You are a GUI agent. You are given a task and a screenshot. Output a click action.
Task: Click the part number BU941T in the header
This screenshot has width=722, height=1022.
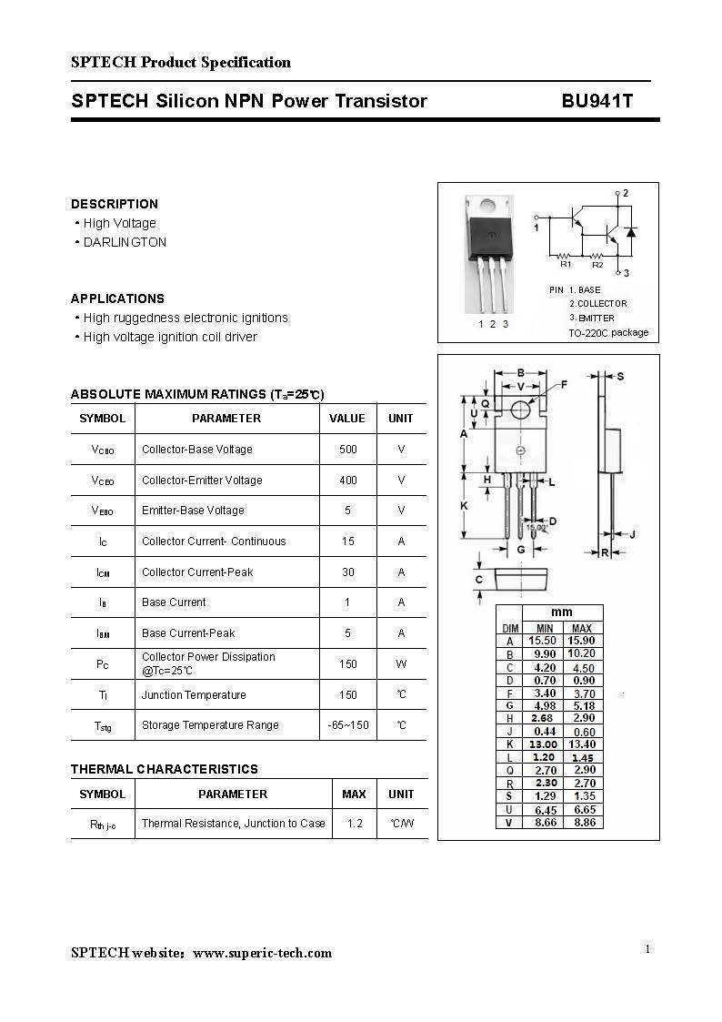597,101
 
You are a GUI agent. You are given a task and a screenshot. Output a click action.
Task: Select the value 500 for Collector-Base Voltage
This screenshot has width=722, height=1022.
347,450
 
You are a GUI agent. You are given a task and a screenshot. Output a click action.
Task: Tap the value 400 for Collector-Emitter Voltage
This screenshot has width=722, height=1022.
347,481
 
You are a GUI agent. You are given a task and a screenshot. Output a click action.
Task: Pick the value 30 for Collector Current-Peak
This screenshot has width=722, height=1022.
347,572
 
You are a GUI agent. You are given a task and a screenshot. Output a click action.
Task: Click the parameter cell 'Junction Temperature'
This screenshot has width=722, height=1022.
194,695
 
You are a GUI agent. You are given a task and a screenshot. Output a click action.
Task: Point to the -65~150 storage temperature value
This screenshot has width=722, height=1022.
348,725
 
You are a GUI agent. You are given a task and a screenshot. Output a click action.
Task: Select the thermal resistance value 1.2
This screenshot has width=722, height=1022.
355,824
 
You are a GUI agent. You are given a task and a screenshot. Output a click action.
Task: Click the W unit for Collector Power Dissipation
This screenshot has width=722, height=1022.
401,664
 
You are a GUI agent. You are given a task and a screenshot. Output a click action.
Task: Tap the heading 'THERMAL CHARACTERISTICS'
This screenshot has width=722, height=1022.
165,769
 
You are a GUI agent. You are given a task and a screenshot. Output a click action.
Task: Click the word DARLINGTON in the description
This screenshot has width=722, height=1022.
125,243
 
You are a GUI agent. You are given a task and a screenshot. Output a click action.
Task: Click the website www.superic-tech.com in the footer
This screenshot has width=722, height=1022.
263,954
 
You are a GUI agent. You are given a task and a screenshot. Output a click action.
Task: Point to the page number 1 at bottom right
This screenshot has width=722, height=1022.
647,950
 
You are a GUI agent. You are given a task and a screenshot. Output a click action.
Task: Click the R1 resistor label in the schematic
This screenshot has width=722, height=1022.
566,265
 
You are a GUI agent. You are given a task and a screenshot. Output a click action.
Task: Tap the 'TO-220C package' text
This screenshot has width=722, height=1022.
608,333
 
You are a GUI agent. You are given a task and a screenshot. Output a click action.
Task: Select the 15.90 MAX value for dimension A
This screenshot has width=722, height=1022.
582,642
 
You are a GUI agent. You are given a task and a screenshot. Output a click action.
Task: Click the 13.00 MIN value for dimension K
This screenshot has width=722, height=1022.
544,744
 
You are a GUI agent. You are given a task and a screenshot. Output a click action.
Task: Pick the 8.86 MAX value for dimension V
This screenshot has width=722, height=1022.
582,823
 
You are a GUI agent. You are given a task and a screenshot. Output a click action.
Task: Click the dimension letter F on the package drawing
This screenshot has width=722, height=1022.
564,385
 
